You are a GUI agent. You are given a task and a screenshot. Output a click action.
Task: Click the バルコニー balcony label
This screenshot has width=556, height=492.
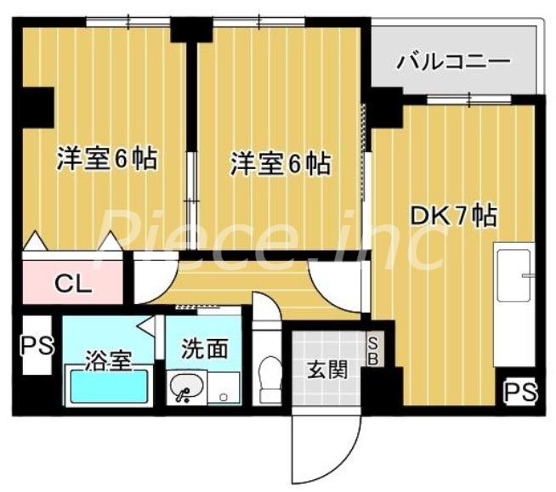pos(453,61)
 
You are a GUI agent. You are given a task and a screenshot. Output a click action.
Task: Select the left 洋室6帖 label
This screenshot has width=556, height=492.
pos(107,159)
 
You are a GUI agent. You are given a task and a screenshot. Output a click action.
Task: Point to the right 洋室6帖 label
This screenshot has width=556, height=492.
pos(281,162)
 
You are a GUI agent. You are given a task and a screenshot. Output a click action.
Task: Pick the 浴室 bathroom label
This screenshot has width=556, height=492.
pos(108,359)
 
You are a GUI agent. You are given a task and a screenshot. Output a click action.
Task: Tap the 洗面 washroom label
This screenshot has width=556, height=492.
pos(205,348)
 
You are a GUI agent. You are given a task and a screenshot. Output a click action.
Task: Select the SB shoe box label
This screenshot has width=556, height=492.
pos(373,350)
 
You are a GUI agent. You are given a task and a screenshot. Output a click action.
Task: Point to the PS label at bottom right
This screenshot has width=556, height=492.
pos(519,392)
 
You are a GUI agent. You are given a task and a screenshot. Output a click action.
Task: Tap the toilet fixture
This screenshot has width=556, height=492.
pos(270,374)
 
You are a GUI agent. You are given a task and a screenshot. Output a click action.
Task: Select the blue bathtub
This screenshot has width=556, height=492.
pos(109,387)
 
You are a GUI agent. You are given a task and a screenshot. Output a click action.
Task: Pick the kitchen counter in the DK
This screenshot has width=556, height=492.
pos(514,302)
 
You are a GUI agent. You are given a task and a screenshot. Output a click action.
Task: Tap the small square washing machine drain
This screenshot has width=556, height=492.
pos(224,396)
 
